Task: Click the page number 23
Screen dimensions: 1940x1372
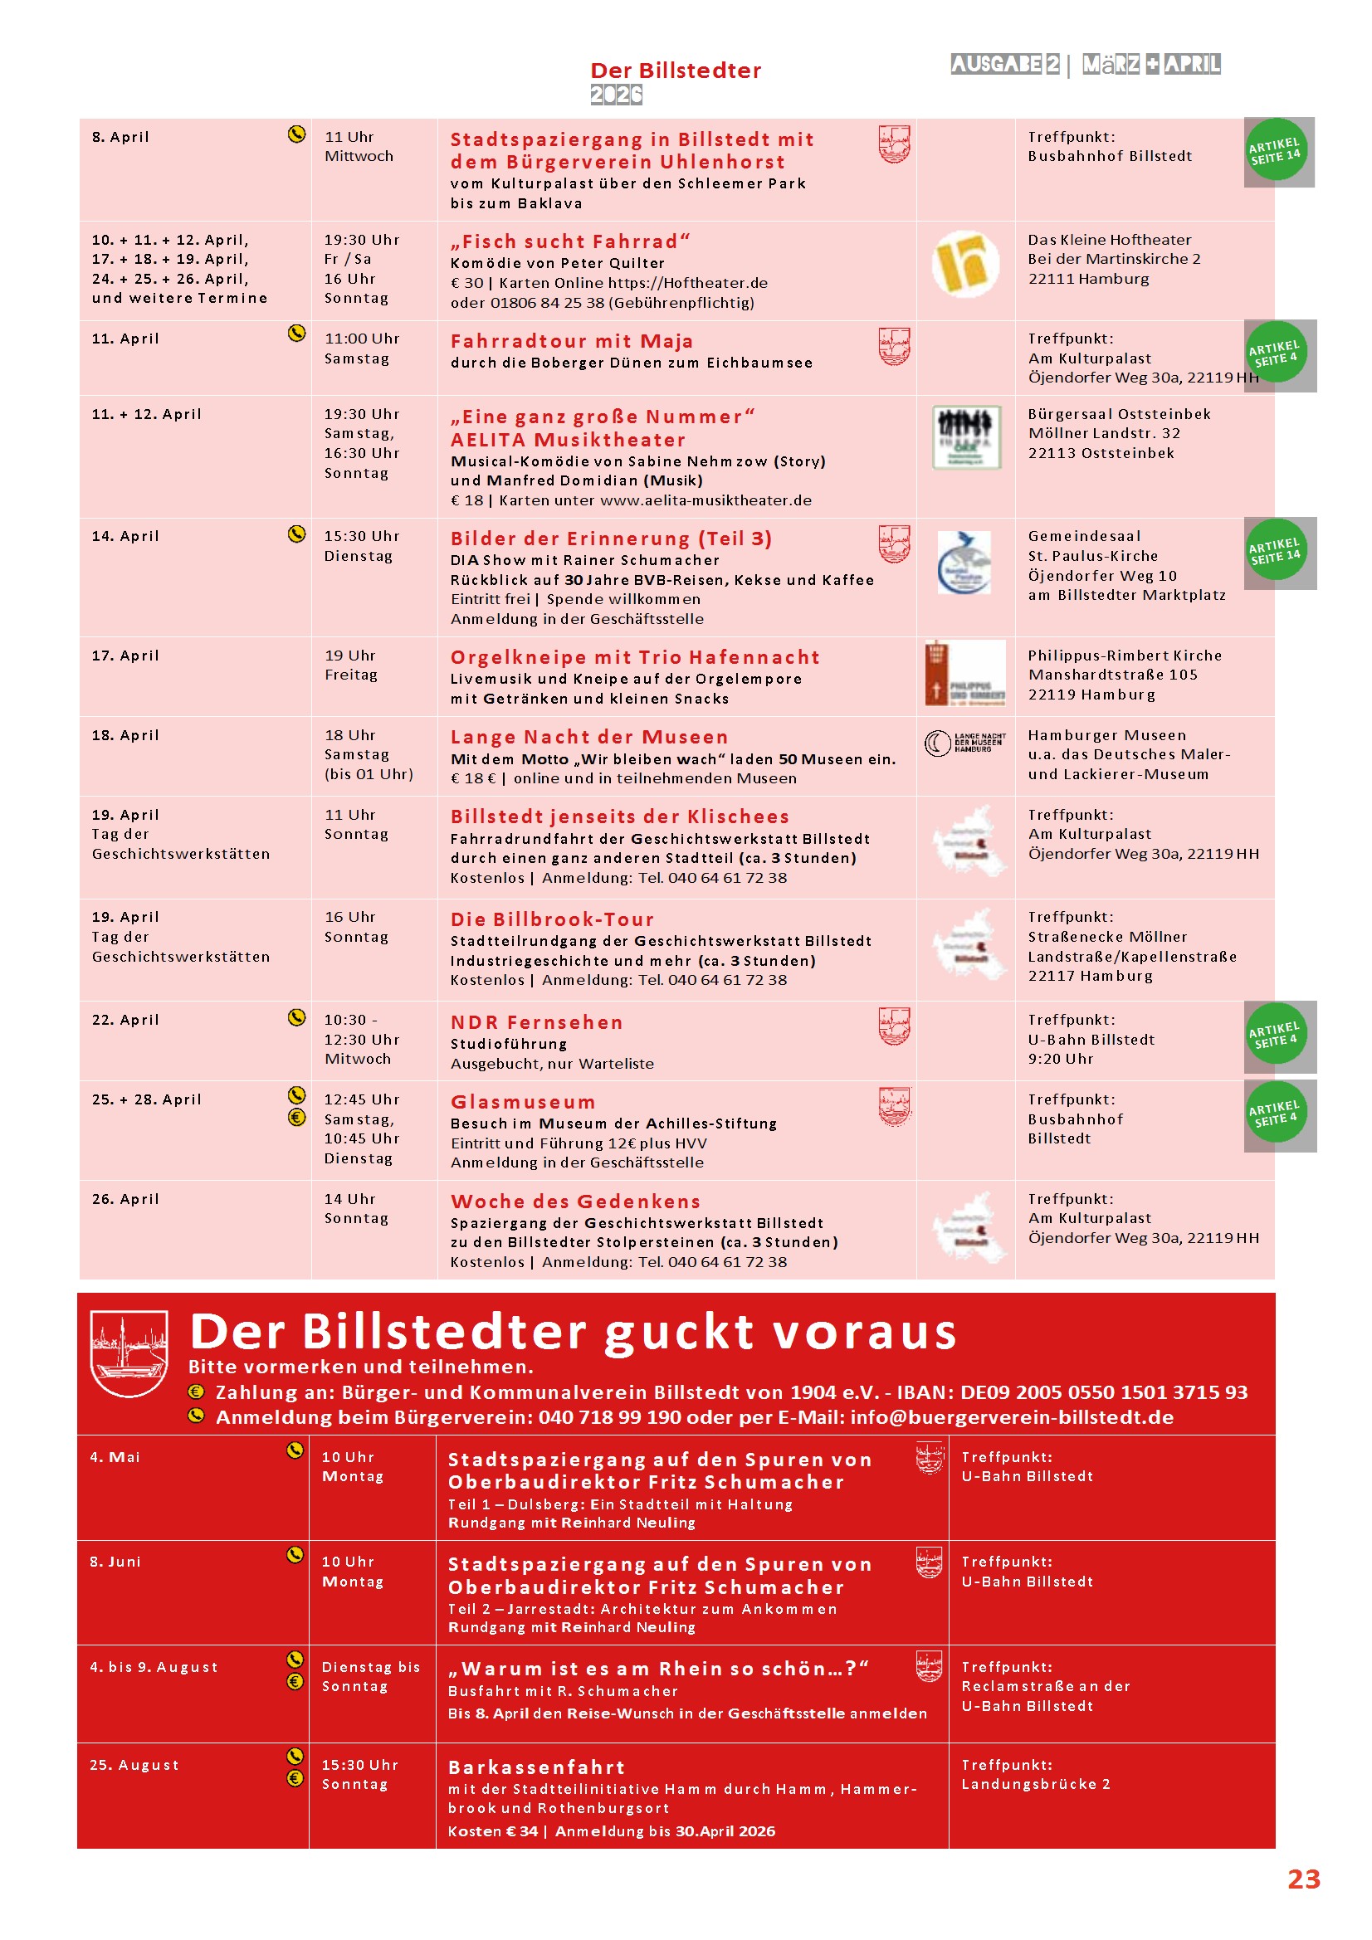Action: tap(1302, 1879)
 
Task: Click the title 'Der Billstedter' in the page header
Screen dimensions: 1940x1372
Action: tap(676, 71)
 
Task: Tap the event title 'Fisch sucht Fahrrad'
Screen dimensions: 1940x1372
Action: tap(569, 241)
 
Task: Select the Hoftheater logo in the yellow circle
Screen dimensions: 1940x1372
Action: tap(964, 264)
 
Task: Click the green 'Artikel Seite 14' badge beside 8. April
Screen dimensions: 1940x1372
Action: tap(1276, 150)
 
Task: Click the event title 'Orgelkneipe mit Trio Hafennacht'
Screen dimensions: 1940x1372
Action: tap(635, 657)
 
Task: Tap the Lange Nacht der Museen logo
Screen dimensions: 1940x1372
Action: tap(965, 743)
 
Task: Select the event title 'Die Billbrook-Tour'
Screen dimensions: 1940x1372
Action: tap(552, 919)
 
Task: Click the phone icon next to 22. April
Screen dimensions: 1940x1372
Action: tap(296, 1017)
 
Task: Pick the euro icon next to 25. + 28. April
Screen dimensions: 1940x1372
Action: tap(296, 1117)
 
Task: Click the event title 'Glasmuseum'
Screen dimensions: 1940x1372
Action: tap(522, 1102)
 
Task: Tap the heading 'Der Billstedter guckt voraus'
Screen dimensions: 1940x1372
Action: tap(574, 1332)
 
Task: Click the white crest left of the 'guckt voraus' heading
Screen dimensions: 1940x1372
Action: tap(129, 1353)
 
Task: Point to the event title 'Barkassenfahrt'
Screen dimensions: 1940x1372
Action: tap(537, 1767)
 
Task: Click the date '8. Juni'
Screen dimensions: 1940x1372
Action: tap(115, 1562)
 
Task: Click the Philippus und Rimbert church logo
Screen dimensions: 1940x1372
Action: tap(965, 674)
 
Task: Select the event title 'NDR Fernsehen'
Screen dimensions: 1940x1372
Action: tap(537, 1022)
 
